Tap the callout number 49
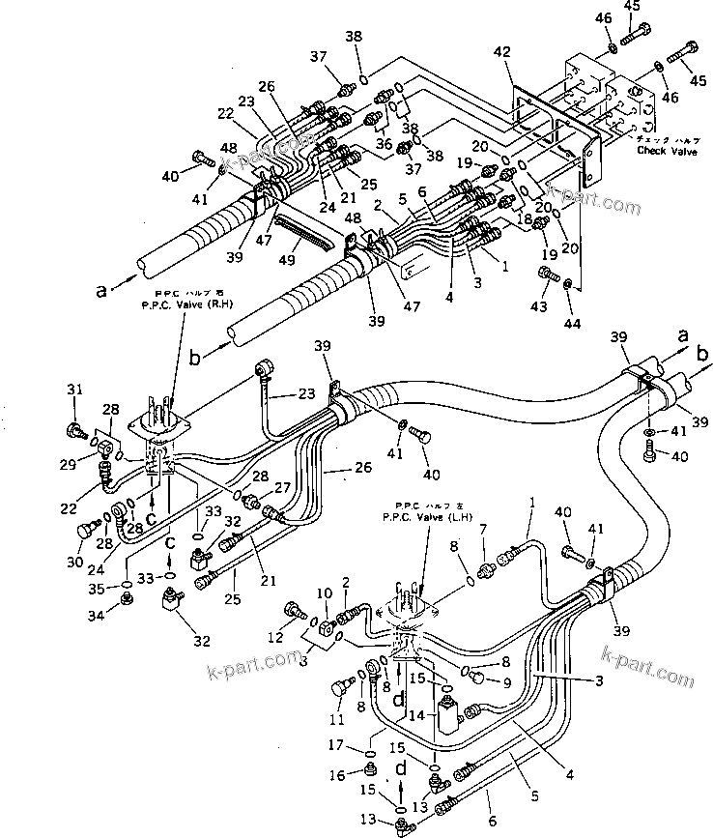[x=287, y=260]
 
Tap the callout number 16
[x=361, y=775]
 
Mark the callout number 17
[x=361, y=746]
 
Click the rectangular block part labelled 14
[x=448, y=719]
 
